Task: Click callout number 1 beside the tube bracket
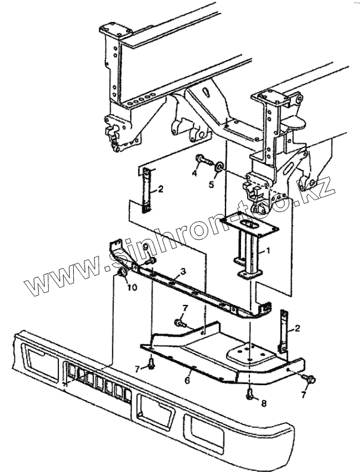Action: (x=268, y=251)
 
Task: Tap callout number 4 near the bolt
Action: (x=194, y=173)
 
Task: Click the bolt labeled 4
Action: (x=202, y=159)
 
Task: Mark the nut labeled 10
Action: (x=122, y=273)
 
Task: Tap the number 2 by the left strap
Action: (x=159, y=190)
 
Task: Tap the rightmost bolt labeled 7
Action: (x=311, y=378)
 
